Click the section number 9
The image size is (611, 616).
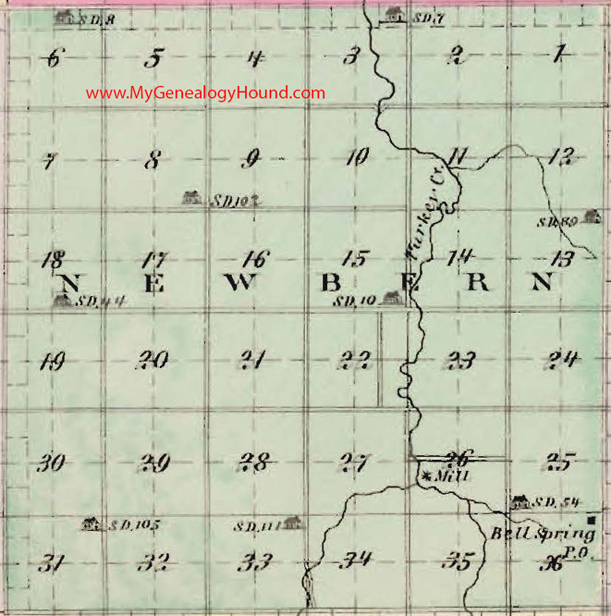(x=251, y=160)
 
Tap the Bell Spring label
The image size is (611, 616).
(x=532, y=534)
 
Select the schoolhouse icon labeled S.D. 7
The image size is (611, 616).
(x=394, y=13)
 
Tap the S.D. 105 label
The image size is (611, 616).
(x=130, y=524)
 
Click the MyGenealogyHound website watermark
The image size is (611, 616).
(x=205, y=93)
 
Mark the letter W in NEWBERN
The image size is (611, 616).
(x=242, y=284)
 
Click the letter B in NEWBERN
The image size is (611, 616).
(x=332, y=284)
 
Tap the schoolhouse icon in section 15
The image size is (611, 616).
(x=388, y=298)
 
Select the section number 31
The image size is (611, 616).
(x=50, y=563)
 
